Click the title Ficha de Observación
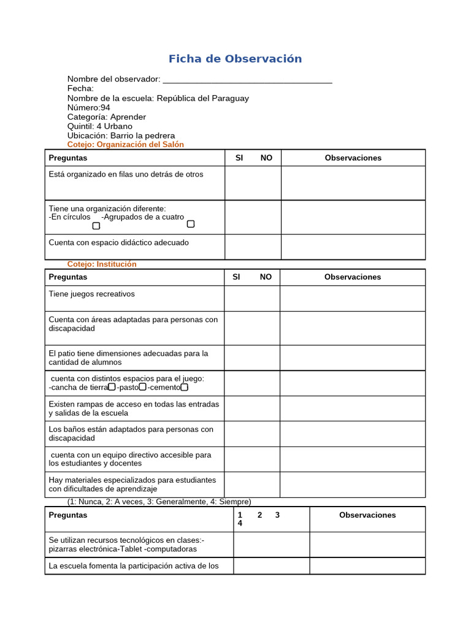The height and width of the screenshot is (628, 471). point(235,59)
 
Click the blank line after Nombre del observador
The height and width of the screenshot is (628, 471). point(247,79)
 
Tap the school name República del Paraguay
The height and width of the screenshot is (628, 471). point(202,98)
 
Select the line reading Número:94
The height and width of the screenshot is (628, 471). point(89,107)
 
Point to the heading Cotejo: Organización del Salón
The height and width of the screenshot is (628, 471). point(125,145)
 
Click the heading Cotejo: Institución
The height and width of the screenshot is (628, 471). point(102,264)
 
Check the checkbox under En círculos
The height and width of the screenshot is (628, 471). point(96,226)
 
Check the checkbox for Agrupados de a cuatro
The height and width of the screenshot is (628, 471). point(191,224)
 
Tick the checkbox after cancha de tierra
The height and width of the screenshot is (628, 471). point(112,387)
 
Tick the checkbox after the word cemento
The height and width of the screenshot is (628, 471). point(185,387)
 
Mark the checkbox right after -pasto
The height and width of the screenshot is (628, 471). point(143,387)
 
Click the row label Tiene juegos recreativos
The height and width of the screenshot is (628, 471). point(92,294)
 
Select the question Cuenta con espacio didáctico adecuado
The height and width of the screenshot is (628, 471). point(119,243)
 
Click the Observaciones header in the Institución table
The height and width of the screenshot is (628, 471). point(353,277)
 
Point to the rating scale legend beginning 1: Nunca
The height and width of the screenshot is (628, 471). point(159,502)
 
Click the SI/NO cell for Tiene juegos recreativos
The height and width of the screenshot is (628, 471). point(252,299)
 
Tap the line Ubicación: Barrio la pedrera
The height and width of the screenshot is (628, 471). point(121,136)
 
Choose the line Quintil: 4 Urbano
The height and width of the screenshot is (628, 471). point(99,126)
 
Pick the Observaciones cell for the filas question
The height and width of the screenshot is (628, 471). point(353,183)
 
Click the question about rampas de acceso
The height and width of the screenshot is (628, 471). point(134,408)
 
